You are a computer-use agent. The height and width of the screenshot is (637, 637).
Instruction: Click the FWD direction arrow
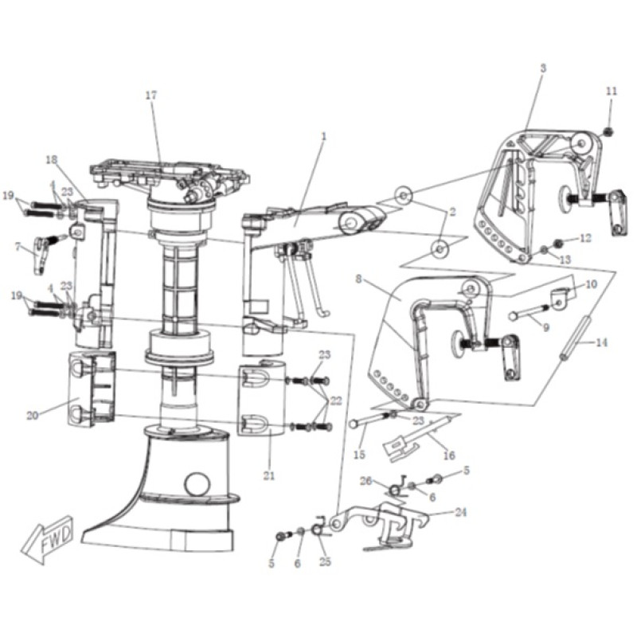point(48,540)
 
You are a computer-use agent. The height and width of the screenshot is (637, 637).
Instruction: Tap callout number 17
point(151,96)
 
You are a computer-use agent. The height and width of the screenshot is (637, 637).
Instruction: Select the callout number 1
point(324,136)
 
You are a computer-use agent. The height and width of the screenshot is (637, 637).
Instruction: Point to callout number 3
point(543,68)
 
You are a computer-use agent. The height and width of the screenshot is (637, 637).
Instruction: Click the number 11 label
point(612,91)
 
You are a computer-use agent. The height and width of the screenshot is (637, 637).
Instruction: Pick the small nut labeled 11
point(608,131)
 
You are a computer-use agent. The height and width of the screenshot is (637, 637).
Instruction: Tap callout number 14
point(602,342)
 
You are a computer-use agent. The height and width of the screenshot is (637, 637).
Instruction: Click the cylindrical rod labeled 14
point(575,337)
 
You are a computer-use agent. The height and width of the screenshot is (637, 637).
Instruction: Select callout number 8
point(358,279)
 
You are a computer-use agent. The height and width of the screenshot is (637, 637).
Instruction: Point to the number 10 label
point(592,284)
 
